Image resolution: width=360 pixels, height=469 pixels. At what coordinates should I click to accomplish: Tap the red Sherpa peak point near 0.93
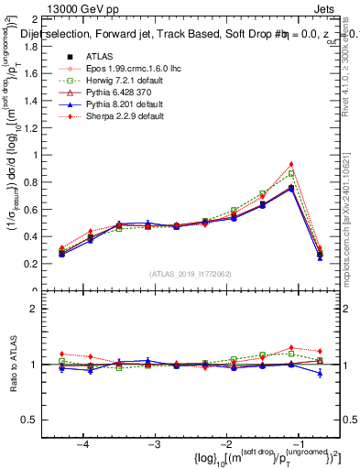point(291,164)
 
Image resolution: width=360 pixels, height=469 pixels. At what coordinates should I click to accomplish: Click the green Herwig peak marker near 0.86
point(291,173)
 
